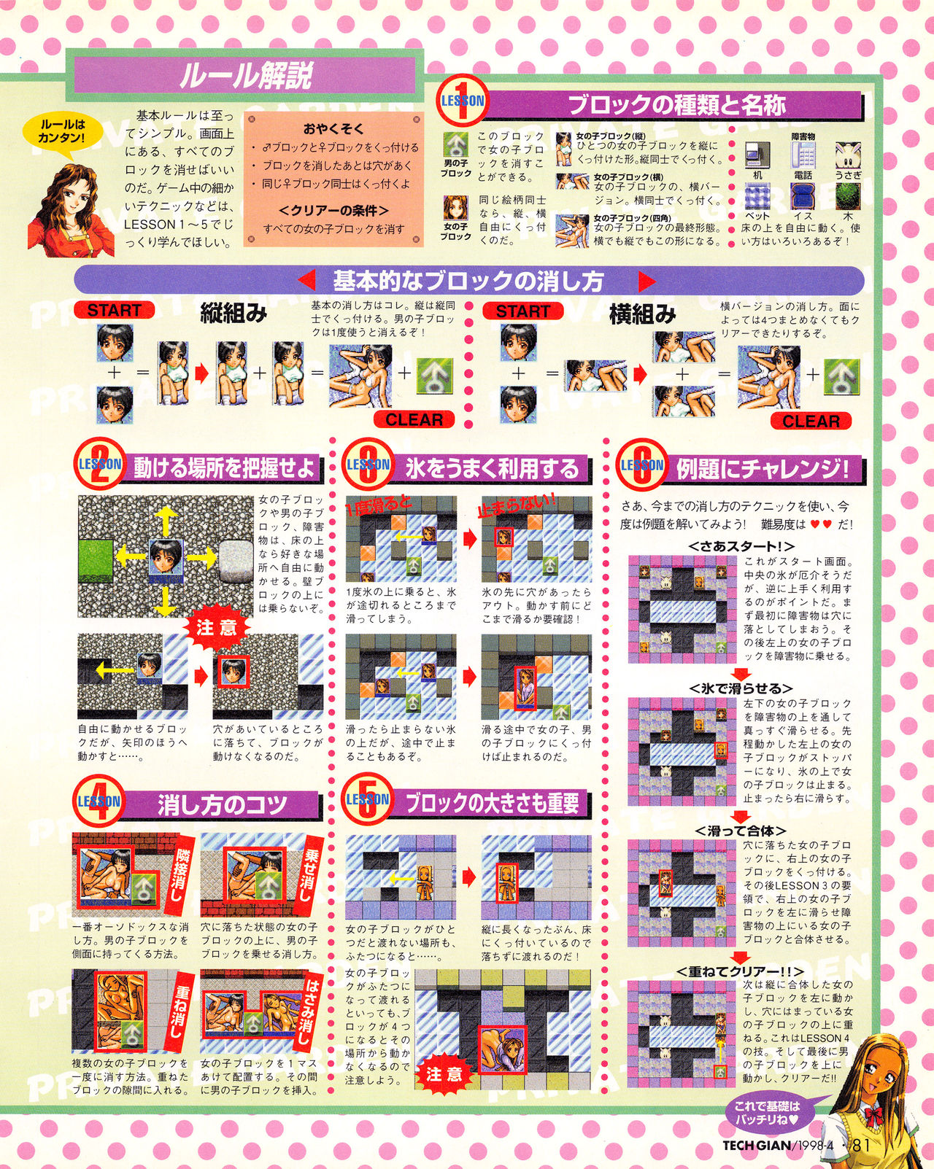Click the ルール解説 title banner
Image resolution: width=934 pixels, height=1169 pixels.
point(246,76)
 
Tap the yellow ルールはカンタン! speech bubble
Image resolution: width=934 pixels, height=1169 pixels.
point(61,131)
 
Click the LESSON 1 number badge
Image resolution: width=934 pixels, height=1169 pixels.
point(463,101)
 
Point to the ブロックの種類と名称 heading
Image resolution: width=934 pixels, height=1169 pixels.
point(676,105)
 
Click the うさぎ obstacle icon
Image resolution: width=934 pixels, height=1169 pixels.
point(847,156)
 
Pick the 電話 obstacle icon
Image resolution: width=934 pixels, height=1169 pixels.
point(803,155)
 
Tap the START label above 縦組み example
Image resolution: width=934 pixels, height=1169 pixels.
point(114,310)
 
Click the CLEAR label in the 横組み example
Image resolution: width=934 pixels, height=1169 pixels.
point(811,421)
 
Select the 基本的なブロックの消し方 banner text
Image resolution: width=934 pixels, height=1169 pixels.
point(468,281)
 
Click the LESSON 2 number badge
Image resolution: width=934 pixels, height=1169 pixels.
point(99,464)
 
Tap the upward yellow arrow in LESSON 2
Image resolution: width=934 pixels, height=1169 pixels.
point(166,521)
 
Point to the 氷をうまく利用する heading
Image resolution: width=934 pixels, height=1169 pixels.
point(491,468)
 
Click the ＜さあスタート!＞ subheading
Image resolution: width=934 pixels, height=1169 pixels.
point(741,545)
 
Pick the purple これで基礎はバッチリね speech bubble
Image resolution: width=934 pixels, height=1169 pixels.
point(766,1111)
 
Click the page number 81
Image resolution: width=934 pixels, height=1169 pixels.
point(861,1144)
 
